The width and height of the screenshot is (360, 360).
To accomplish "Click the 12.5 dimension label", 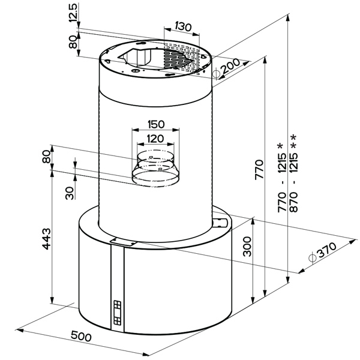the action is point(73,13).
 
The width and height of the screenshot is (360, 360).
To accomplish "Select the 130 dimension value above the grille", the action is point(183,26).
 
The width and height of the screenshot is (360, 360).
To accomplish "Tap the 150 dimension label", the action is point(156,124).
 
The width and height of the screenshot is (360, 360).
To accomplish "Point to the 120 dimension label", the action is point(155,139).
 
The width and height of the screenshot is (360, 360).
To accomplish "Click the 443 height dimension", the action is point(46,239).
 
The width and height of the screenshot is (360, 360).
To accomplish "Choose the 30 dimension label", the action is point(70,193).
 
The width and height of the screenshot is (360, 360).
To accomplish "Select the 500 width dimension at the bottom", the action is point(81,336).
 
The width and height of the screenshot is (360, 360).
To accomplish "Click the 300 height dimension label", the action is point(247,247).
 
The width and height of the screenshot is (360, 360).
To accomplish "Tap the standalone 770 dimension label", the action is point(259,169).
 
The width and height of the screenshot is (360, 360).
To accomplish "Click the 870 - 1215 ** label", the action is point(293,173).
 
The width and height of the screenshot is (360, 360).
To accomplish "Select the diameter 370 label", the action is point(322,251).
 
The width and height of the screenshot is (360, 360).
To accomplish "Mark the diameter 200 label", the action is point(226,68).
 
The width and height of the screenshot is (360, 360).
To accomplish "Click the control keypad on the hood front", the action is point(117,313).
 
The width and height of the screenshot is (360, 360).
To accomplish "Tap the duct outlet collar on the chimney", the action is point(156,167).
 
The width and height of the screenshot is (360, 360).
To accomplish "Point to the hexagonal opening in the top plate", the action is point(136,56).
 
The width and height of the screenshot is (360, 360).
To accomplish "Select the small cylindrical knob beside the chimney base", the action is point(220,223).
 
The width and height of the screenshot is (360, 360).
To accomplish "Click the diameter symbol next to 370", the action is point(312,257).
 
